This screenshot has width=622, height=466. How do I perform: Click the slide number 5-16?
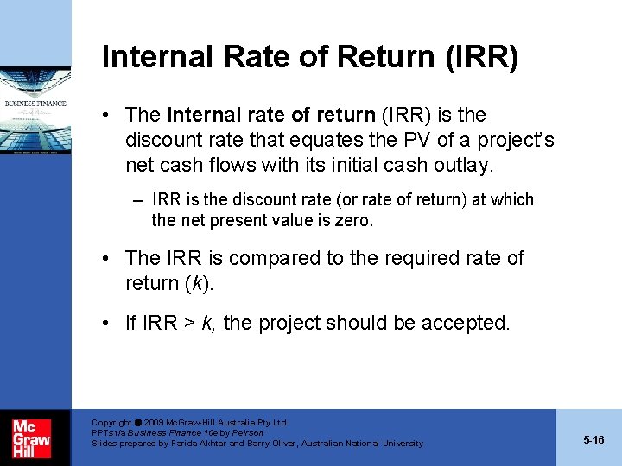593,440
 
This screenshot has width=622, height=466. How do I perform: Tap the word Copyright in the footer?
111,423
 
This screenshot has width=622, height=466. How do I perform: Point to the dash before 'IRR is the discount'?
138,200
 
